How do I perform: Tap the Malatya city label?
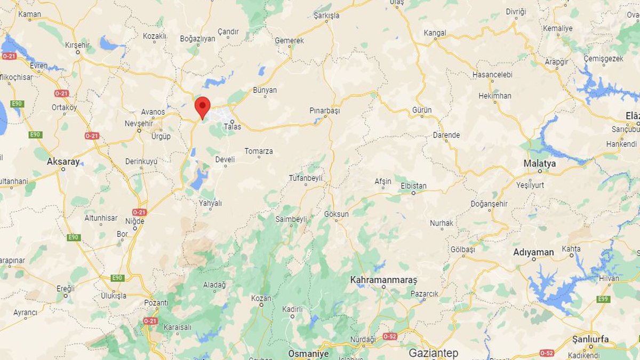pyautogui.click(x=539, y=163)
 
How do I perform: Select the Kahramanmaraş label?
pyautogui.click(x=383, y=279)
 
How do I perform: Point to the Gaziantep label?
pyautogui.click(x=433, y=353)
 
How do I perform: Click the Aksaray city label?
pyautogui.click(x=63, y=161)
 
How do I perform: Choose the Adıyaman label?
pyautogui.click(x=533, y=252)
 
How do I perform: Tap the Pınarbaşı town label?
pyautogui.click(x=324, y=111)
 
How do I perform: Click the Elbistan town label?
pyautogui.click(x=413, y=186)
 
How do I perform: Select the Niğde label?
pyautogui.click(x=134, y=221)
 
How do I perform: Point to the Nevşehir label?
pyautogui.click(x=139, y=123)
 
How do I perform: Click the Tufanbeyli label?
pyautogui.click(x=306, y=178)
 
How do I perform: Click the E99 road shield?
pyautogui.click(x=603, y=299)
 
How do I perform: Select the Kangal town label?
pyautogui.click(x=434, y=33)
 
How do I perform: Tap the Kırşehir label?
pyautogui.click(x=77, y=45)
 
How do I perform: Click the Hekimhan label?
pyautogui.click(x=494, y=96)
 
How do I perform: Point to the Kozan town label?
pyautogui.click(x=261, y=298)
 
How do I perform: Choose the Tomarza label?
pyautogui.click(x=259, y=151)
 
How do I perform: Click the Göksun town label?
pyautogui.click(x=336, y=214)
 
